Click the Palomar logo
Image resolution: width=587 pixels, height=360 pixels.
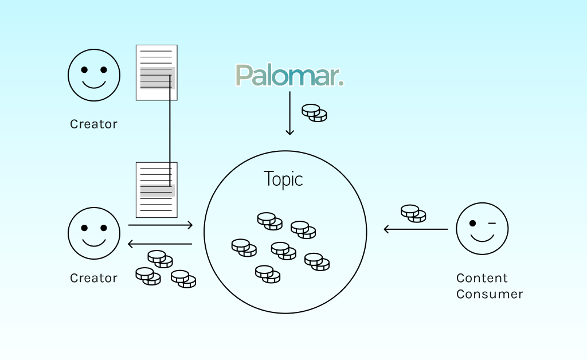[289, 75]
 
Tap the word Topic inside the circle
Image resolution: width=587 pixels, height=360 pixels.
[283, 179]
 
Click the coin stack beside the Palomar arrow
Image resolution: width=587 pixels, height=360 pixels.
[314, 112]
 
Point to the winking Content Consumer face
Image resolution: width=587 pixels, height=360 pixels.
[482, 228]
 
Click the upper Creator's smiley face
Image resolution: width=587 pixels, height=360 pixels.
[94, 75]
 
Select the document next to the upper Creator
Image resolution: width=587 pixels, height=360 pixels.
[156, 72]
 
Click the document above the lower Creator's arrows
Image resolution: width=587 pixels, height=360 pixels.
[156, 190]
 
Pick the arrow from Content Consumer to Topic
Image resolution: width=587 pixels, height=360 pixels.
[416, 229]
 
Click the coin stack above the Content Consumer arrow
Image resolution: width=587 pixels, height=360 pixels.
[413, 213]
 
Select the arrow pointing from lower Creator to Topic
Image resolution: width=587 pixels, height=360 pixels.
[161, 225]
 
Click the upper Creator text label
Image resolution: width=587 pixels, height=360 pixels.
[93, 124]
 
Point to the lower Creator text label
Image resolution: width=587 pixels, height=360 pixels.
[93, 278]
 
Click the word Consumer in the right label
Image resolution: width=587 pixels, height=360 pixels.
[490, 294]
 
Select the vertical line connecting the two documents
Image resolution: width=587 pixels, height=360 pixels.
[170, 132]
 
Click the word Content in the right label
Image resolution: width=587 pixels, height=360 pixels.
[482, 278]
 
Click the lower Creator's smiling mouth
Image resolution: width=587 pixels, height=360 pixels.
[94, 242]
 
